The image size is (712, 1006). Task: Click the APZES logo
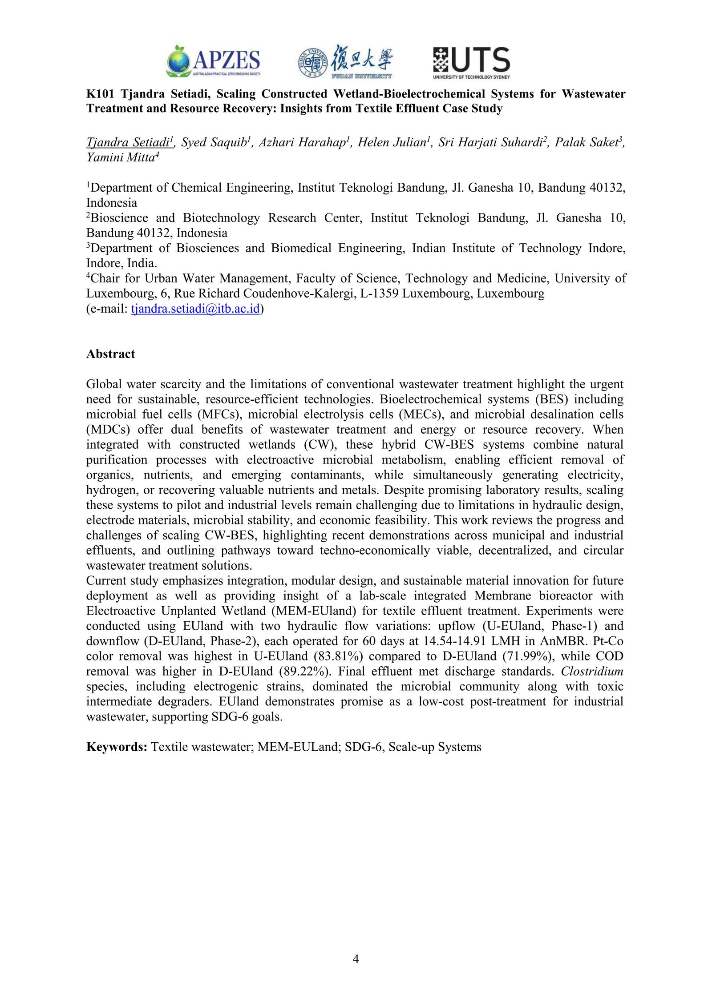pyautogui.click(x=214, y=61)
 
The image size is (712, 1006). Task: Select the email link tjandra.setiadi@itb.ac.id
pyautogui.click(x=195, y=309)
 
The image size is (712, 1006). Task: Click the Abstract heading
pyautogui.click(x=110, y=354)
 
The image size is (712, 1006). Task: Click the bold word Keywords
pyautogui.click(x=117, y=747)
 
